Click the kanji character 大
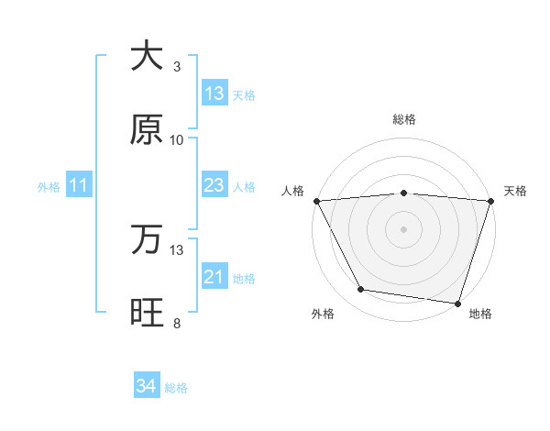pos(147,56)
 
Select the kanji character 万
pos(147,239)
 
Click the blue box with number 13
pos(214,94)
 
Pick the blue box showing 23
pos(214,185)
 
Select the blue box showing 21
pos(214,277)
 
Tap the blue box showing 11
pos(79,186)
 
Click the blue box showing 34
pos(146,387)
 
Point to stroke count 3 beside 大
pos(177,67)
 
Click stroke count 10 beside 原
pos(177,140)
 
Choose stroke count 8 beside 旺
pos(177,324)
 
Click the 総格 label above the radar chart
pos(404,119)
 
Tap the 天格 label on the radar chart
pos(515,191)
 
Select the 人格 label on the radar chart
pos(293,191)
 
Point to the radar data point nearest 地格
pos(457,303)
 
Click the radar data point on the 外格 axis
pos(361,290)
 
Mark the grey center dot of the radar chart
pos(404,228)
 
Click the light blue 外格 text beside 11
pos(49,187)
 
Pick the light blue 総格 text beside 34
pos(176,388)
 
